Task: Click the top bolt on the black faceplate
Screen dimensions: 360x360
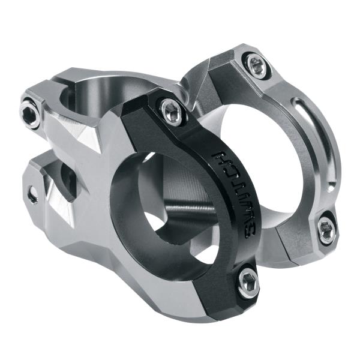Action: point(172,112)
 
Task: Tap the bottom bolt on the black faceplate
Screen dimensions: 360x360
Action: point(248,283)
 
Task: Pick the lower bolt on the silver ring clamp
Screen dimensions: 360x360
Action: point(326,229)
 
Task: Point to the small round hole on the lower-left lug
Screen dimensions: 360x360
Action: point(32,194)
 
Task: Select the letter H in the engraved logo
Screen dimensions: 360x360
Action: point(230,157)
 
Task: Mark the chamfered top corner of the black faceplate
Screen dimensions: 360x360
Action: point(144,102)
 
